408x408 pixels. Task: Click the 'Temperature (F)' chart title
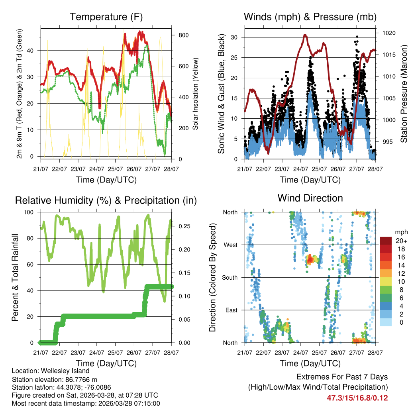pyautogui.click(x=106, y=17)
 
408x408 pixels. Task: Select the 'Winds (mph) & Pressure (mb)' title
pyautogui.click(x=310, y=17)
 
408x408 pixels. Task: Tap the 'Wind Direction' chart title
pyautogui.click(x=310, y=198)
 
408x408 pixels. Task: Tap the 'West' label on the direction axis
pyautogui.click(x=230, y=245)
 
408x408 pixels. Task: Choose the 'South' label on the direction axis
pyautogui.click(x=229, y=278)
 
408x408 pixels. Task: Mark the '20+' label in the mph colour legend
pyautogui.click(x=401, y=241)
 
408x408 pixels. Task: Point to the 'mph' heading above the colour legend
pyautogui.click(x=400, y=232)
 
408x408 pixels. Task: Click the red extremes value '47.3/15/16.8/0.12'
pyautogui.click(x=357, y=398)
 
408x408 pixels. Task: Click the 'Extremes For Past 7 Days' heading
pyautogui.click(x=342, y=377)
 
